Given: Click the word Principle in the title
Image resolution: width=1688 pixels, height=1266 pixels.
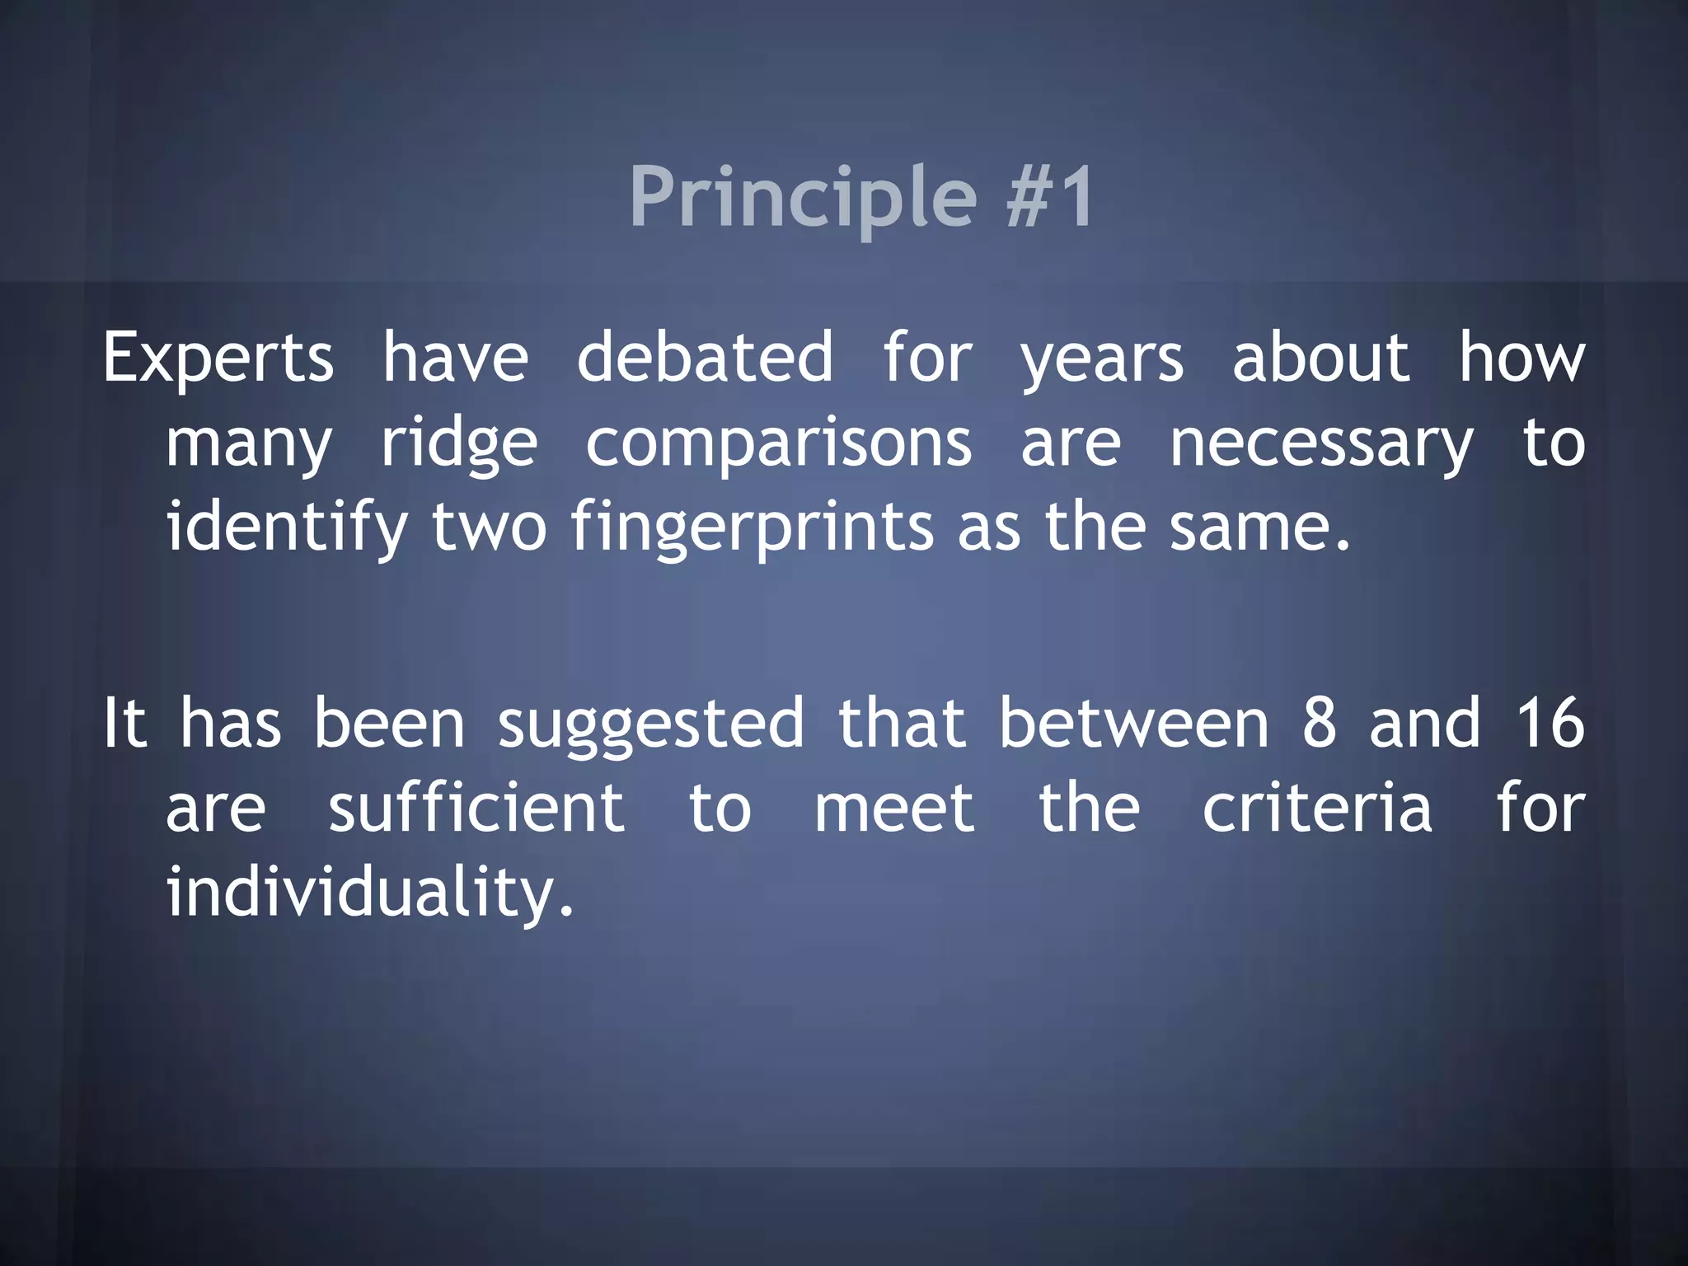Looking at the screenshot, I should pos(803,198).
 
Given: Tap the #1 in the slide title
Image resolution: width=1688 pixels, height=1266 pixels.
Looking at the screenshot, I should pos(1050,198).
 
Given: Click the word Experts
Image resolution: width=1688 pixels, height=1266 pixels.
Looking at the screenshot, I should pos(218,359).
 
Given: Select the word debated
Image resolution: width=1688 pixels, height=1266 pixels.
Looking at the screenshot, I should pos(705,359).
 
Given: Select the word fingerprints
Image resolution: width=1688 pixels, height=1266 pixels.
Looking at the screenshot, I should pos(753,527).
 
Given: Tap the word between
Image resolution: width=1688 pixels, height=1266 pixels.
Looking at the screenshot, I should pos(1134,724).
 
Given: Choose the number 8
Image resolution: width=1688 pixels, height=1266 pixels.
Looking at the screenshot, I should pos(1319,724).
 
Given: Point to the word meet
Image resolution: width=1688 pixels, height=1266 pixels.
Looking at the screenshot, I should pos(894,809).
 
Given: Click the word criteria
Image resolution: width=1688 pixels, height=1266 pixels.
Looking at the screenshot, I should pos(1317,809).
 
